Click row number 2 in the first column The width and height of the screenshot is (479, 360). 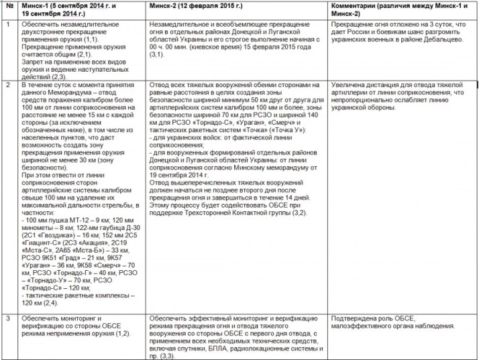(7, 86)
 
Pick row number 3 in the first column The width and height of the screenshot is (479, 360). (7, 317)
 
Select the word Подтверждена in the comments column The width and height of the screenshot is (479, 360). (354, 317)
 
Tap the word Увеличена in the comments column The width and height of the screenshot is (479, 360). (352, 86)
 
